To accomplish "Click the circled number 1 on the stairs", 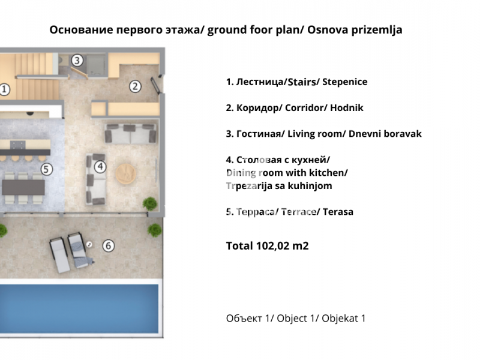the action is click(x=4, y=89).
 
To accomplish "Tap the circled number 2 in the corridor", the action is click(x=135, y=86).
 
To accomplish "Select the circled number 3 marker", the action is click(x=77, y=61).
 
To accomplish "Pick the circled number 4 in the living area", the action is click(x=100, y=167).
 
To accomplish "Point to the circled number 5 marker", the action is click(x=46, y=169).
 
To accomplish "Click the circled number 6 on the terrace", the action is click(x=109, y=246).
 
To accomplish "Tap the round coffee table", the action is click(x=126, y=174).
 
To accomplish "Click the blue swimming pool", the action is click(x=79, y=308).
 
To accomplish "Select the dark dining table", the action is click(x=23, y=187).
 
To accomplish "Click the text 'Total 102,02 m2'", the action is click(x=267, y=246).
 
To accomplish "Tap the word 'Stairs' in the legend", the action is click(x=302, y=82).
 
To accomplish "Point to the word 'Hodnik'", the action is click(x=347, y=108).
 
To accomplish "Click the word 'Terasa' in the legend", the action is click(x=338, y=212).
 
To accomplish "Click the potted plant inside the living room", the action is click(x=150, y=203).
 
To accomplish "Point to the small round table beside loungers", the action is click(x=89, y=244).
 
